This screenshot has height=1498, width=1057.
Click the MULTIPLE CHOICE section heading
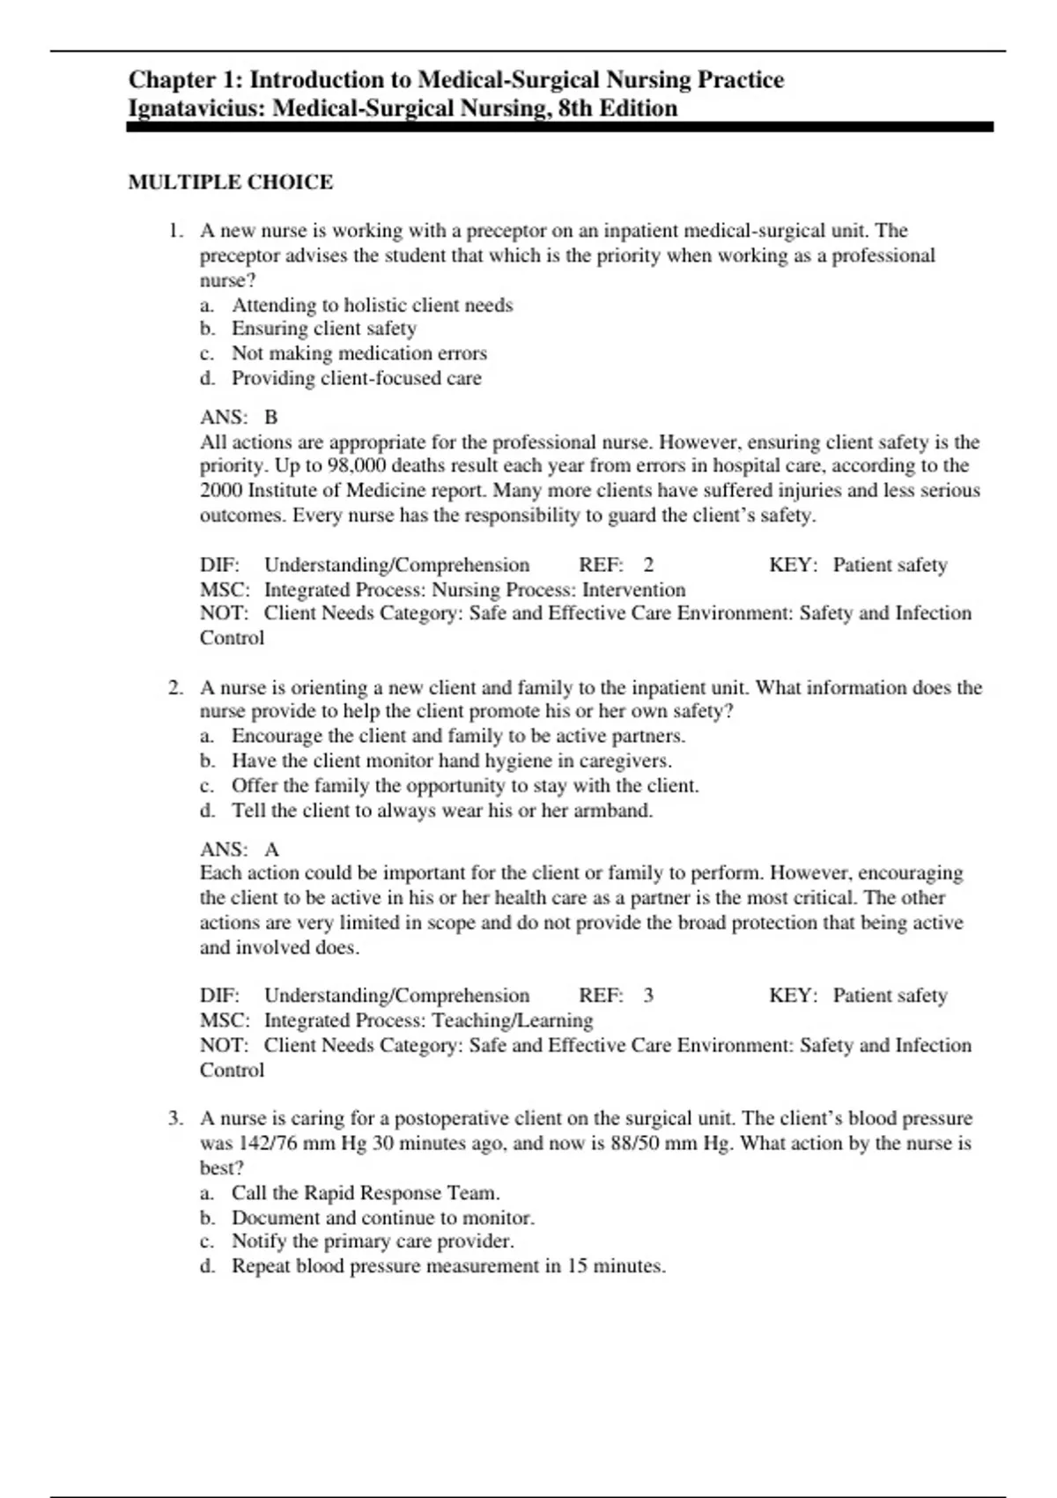click(231, 182)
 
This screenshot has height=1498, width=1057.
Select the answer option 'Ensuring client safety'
click(323, 329)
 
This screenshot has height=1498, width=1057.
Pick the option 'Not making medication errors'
click(358, 353)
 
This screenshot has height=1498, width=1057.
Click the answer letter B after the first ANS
click(271, 417)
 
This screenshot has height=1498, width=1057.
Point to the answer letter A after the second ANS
click(271, 849)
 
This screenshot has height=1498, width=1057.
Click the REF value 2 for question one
click(648, 565)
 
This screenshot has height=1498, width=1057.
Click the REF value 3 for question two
click(648, 996)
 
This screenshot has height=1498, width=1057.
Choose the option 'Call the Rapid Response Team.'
click(365, 1193)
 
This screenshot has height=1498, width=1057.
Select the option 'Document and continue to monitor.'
click(382, 1218)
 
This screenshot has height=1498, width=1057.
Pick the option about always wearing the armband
click(441, 811)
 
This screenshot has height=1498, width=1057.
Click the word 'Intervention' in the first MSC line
click(633, 590)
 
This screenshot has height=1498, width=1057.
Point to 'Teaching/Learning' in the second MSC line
click(512, 1020)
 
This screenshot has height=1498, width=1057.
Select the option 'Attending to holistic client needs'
click(372, 305)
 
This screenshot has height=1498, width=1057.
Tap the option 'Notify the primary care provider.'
click(372, 1242)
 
